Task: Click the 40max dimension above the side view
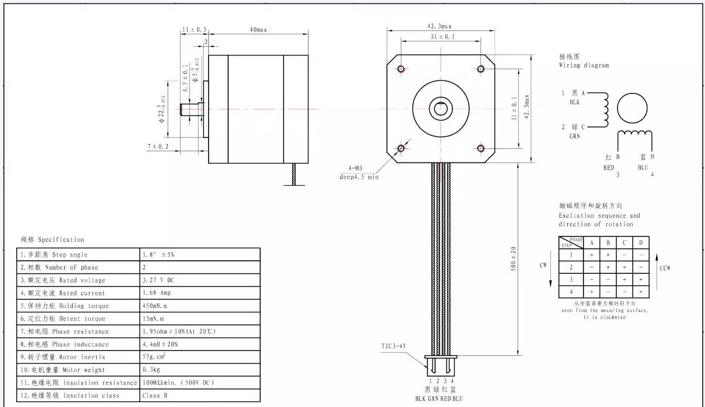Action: tap(258, 30)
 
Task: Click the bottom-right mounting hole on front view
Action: tap(481, 148)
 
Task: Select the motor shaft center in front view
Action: tap(440, 109)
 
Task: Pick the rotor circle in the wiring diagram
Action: tap(633, 108)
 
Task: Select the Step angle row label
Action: tap(54, 255)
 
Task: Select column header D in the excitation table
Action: tap(641, 242)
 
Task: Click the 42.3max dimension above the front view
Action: tap(440, 26)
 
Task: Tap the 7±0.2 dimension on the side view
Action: tap(158, 147)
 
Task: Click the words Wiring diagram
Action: tap(584, 65)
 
